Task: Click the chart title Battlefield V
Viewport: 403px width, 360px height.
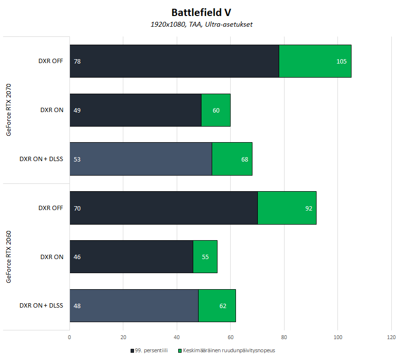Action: [x=201, y=12]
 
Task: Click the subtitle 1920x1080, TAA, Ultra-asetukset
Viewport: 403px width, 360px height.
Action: [x=201, y=24]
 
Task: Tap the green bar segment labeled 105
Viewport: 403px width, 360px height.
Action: [x=315, y=61]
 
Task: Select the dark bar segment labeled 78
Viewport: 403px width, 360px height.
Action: [x=174, y=61]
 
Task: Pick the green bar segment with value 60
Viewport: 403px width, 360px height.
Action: [x=216, y=110]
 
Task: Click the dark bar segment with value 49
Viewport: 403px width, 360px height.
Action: [x=135, y=110]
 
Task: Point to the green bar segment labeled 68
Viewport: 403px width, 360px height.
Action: [x=232, y=159]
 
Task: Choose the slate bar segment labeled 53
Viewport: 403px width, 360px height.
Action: [x=141, y=159]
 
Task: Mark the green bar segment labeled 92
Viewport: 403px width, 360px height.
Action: [x=287, y=208]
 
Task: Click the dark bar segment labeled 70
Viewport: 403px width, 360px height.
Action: [x=164, y=208]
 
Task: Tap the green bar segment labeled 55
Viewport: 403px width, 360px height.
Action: [x=205, y=257]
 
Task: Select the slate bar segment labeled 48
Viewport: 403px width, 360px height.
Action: [x=134, y=305]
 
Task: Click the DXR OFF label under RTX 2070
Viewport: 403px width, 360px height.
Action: [x=51, y=61]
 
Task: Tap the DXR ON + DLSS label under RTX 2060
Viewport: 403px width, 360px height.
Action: [x=41, y=306]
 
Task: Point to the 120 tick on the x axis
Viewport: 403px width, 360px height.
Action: [x=391, y=337]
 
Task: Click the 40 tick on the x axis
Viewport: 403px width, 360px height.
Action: [x=177, y=337]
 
